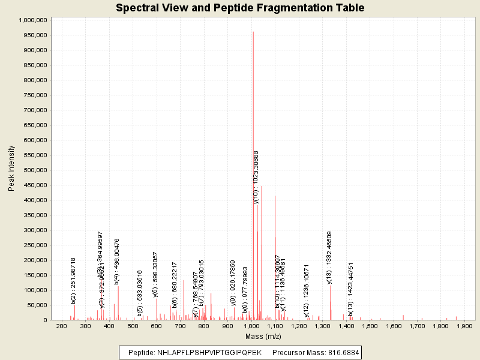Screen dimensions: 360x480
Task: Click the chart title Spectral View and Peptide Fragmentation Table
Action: [240, 8]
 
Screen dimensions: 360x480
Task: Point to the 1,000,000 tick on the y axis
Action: [33, 20]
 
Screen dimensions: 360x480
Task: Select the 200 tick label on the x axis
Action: [61, 326]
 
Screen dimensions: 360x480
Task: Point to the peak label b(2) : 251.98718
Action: [73, 280]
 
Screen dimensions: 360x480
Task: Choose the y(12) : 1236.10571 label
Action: [307, 291]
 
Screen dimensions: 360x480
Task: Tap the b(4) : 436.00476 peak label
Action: [117, 260]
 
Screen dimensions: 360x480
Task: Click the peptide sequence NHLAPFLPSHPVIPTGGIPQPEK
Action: [209, 352]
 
